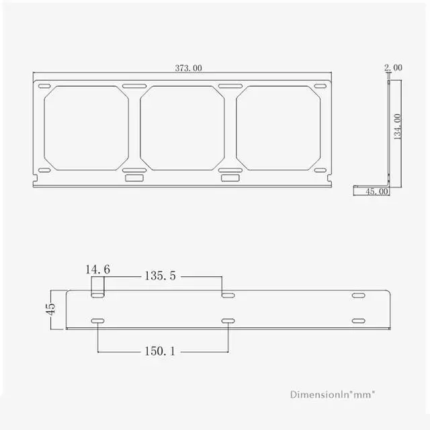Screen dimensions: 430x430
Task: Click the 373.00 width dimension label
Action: point(188,68)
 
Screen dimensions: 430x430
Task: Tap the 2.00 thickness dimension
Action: point(393,67)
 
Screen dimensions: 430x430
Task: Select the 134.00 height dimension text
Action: point(397,127)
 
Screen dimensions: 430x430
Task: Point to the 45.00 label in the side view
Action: point(377,191)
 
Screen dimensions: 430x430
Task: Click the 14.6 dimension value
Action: point(97,269)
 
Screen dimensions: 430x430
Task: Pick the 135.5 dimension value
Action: point(160,275)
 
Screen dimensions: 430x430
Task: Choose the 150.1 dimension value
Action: point(160,351)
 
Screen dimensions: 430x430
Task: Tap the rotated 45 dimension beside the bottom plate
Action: point(50,309)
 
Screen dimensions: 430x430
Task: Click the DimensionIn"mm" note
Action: point(333,394)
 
